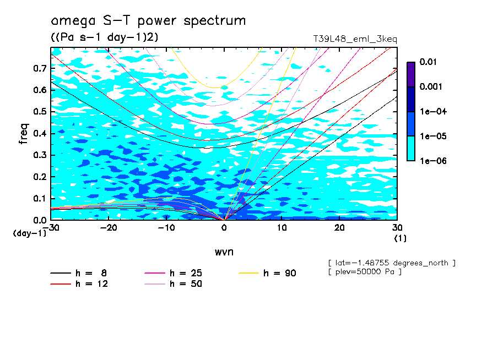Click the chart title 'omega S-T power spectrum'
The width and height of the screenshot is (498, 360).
pos(148,21)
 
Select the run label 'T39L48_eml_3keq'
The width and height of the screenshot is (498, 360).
pos(355,39)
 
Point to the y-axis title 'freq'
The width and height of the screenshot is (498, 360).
pos(24,134)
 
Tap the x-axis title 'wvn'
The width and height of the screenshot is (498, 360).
pos(224,252)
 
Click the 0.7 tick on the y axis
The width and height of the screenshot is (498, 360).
pos(40,69)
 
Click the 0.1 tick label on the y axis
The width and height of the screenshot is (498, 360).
pos(40,198)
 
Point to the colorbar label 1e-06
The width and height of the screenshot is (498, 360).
pos(431,161)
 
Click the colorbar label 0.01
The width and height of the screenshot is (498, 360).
pos(428,62)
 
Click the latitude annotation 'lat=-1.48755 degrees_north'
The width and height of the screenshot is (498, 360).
pos(392,263)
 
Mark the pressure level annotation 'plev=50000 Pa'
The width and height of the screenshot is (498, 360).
pos(364,272)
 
